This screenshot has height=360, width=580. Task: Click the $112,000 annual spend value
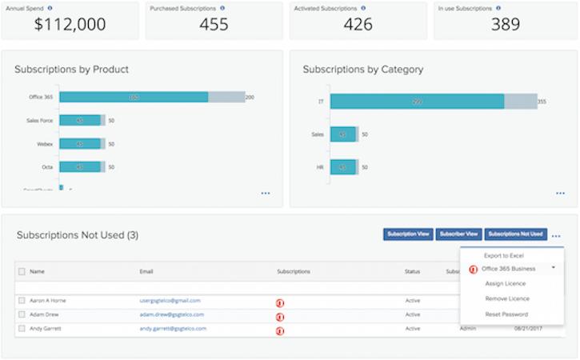click(x=70, y=24)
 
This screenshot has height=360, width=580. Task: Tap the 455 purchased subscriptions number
click(x=214, y=24)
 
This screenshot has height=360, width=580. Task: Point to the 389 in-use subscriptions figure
click(x=506, y=24)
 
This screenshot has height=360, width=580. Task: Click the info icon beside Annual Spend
click(x=50, y=7)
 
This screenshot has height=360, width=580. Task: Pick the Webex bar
click(x=80, y=144)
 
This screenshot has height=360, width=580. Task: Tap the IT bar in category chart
click(x=417, y=102)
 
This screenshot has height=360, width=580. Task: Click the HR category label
click(x=318, y=167)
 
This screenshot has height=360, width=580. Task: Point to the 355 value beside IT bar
click(x=542, y=102)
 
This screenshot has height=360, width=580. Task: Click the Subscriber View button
click(x=458, y=234)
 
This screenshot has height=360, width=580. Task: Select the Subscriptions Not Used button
click(x=516, y=234)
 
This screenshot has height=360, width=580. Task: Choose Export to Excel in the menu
click(x=503, y=255)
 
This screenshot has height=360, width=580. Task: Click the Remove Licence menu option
click(x=507, y=298)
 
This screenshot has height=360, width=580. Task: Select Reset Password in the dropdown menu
click(x=506, y=314)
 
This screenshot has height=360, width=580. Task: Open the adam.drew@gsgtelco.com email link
click(x=171, y=314)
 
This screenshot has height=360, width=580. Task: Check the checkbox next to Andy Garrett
click(x=22, y=329)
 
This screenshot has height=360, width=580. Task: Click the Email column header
click(x=147, y=272)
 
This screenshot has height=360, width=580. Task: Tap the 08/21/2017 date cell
click(x=529, y=329)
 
